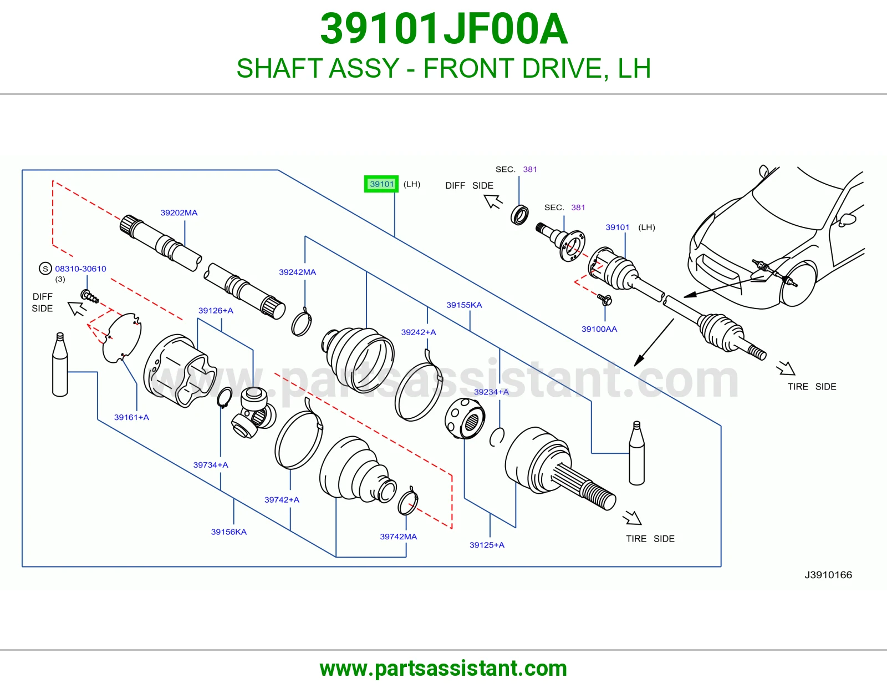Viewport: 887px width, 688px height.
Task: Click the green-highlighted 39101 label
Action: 381,184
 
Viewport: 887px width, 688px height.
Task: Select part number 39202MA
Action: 179,213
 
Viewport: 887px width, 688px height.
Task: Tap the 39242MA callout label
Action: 297,272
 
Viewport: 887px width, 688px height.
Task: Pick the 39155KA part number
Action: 464,305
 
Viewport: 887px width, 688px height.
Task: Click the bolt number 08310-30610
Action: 80,269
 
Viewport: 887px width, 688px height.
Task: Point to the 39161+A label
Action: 131,417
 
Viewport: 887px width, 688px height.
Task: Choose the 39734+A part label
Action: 211,465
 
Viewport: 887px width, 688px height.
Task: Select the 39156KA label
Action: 228,532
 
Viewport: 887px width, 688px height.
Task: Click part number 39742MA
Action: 399,537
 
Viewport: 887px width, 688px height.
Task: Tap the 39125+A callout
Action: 487,545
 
